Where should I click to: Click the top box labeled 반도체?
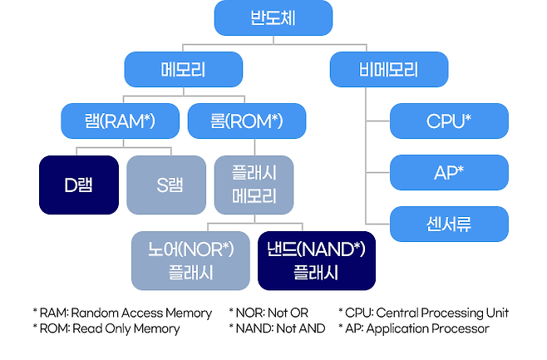273,18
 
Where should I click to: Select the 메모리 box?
183,70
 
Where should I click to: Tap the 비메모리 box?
389,70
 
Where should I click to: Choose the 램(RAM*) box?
120,121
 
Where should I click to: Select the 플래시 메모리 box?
254,185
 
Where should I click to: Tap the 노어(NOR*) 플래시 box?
190,260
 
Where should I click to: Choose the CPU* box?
449,121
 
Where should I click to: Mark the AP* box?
449,173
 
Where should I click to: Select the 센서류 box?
449,224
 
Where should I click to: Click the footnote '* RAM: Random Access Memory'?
122,313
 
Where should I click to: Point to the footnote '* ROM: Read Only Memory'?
106,329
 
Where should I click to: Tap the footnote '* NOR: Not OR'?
268,313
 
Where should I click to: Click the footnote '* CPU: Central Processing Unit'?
423,313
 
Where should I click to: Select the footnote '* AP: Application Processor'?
414,329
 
